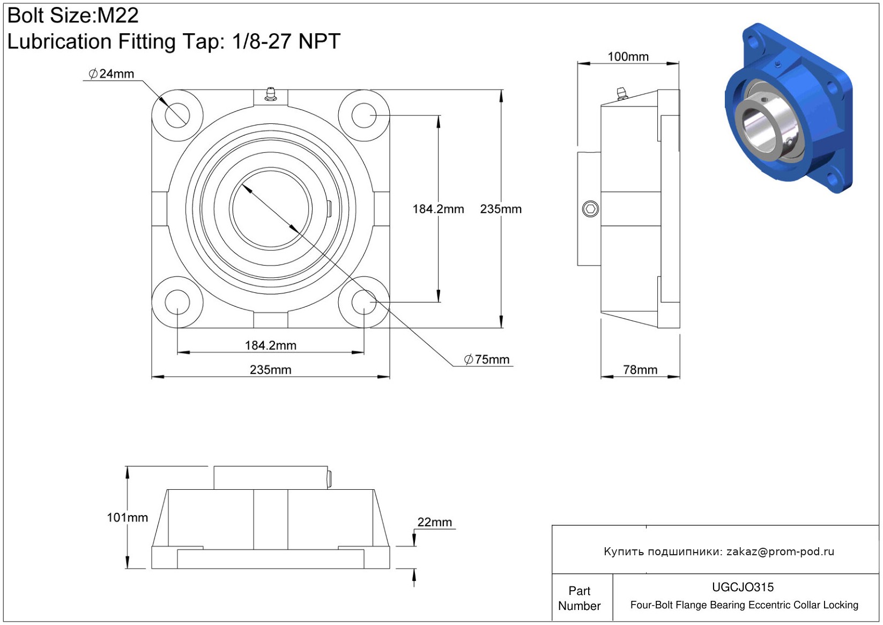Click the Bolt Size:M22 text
pos(73,16)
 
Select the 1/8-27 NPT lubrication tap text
pos(286,41)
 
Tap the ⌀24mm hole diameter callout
pos(112,74)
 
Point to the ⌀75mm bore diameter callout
pos(487,359)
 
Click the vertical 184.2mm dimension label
pos(438,209)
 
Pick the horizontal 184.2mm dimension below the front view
pos(270,345)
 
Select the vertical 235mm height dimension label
pos(501,209)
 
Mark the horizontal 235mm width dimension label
pos(270,370)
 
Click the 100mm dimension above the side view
pos(628,56)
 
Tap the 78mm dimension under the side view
pos(640,370)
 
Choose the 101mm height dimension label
pos(127,517)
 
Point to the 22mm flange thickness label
pos(435,522)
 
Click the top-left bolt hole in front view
pos(177,115)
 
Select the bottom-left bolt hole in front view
pos(177,302)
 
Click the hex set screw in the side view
pos(590,209)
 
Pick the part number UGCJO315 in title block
pos(743,587)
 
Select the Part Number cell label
pos(579,598)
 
